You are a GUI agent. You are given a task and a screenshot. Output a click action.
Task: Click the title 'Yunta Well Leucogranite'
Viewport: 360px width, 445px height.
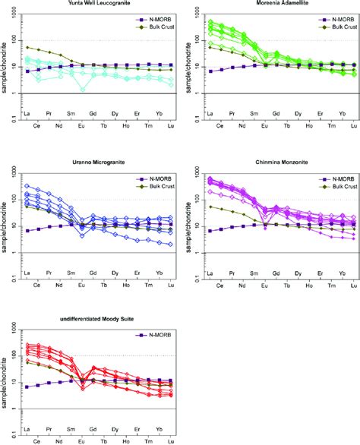(x=87, y=5)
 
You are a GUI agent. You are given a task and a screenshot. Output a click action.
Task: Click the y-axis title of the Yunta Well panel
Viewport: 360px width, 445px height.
(x=5, y=68)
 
